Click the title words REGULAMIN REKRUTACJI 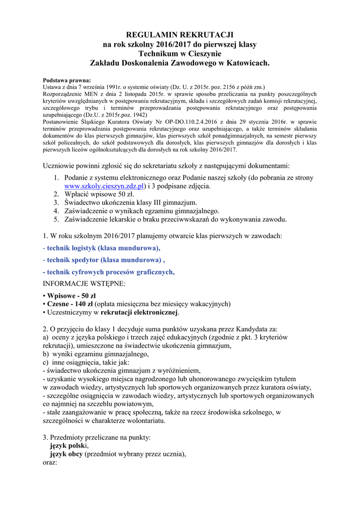tap(180, 35)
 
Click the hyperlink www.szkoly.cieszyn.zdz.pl tap(104, 186)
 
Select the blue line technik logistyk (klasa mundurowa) tap(102, 248)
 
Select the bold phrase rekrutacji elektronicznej tap(140, 313)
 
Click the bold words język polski tap(68, 445)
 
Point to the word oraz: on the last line tap(51, 462)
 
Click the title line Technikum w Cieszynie tap(180, 54)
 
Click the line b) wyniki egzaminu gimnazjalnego tap(96, 354)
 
